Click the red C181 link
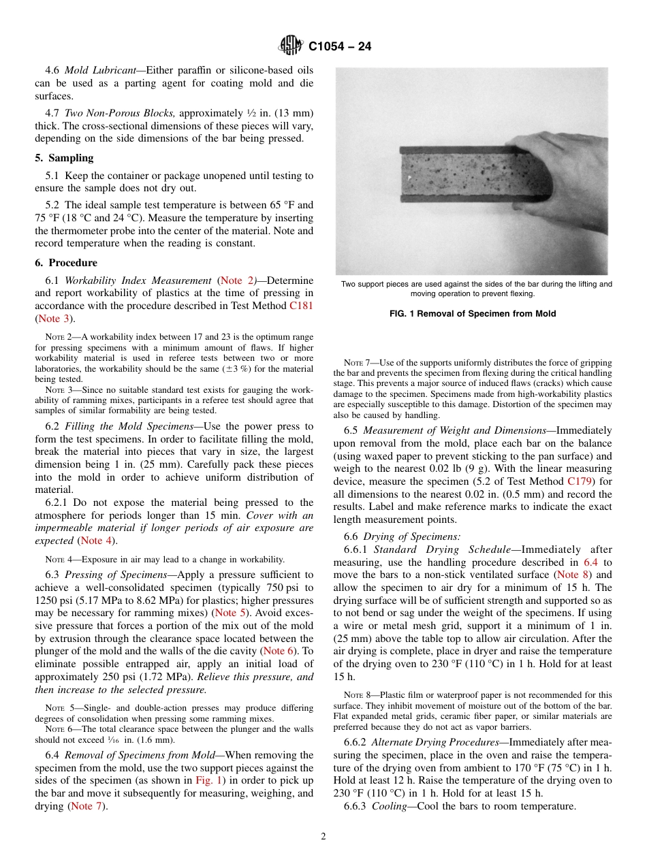click(302, 306)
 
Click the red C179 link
click(580, 482)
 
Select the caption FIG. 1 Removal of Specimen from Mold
click(473, 314)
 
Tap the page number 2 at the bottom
click(323, 837)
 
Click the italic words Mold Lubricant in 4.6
click(100, 71)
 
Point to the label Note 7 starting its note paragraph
click(356, 362)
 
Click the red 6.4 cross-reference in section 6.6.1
click(591, 562)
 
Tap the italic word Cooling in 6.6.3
click(390, 806)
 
